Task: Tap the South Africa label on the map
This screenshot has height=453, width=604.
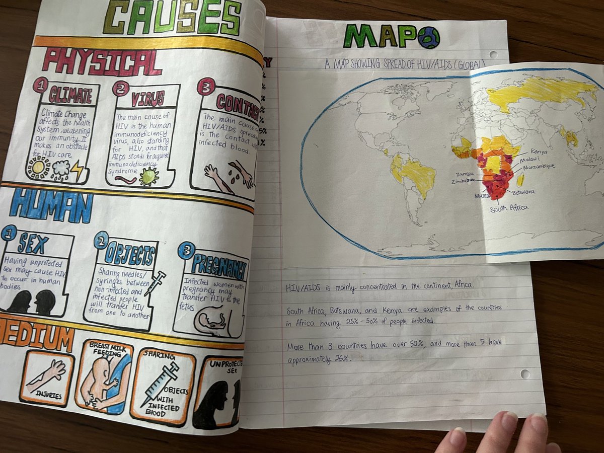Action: pyautogui.click(x=509, y=208)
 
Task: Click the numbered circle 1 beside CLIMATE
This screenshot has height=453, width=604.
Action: pyautogui.click(x=40, y=85)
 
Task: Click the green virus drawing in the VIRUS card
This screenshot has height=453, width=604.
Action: pyautogui.click(x=149, y=176)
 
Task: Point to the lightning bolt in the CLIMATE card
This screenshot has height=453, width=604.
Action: pyautogui.click(x=78, y=171)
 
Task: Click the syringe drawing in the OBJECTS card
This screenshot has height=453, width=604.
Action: pyautogui.click(x=154, y=283)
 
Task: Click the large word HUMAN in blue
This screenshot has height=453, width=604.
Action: pyautogui.click(x=50, y=206)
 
